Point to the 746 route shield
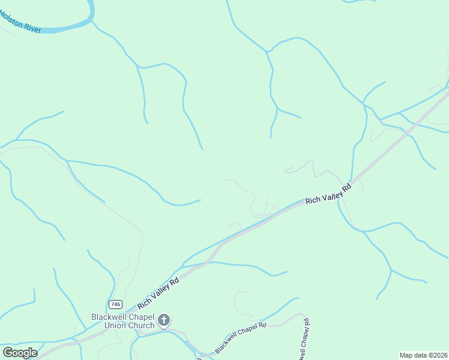[x=116, y=304]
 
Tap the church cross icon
[x=164, y=321]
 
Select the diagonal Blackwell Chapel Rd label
[x=240, y=337]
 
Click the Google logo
[x=20, y=352]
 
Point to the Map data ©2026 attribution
[x=423, y=355]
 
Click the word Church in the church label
[x=140, y=325]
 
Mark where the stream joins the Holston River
[x=93, y=22]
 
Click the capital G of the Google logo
[x=8, y=352]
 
